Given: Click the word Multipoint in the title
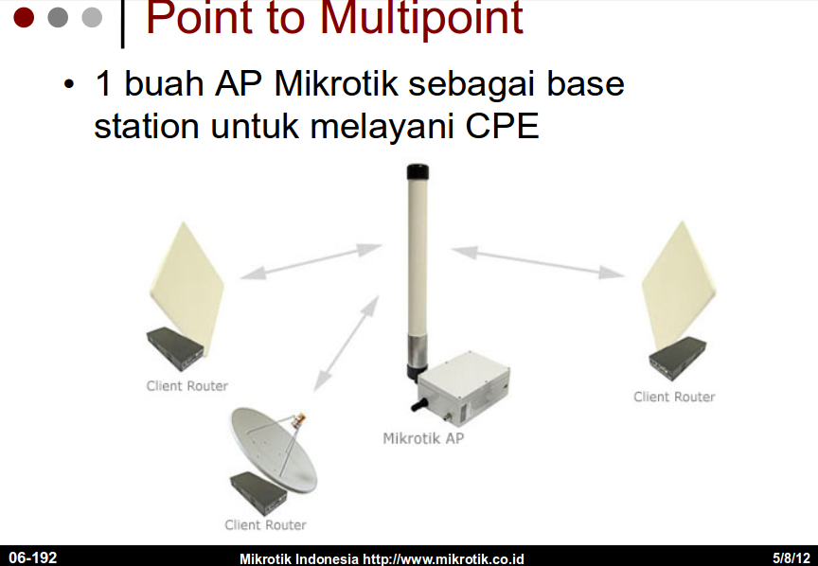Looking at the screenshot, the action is (422, 18).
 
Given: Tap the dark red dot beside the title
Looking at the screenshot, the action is (24, 17).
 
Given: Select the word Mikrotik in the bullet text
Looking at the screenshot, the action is (335, 83).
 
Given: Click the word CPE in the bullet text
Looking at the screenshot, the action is (502, 126).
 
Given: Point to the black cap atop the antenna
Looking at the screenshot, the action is (418, 171).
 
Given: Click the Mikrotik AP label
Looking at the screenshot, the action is (423, 438).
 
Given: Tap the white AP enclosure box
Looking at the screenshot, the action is (464, 386).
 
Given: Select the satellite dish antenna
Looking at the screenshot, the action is (274, 449).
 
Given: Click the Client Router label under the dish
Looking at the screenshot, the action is (265, 524).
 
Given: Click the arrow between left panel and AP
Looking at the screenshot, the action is (311, 261).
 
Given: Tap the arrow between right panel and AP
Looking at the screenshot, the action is (538, 262).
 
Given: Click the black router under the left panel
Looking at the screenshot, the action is (175, 348).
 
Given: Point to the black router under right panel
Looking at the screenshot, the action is (677, 359).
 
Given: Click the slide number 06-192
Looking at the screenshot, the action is (33, 557).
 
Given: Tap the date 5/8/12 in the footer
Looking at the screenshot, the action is (791, 557).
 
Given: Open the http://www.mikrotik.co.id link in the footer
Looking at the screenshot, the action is (443, 558).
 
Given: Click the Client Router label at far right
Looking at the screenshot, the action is (674, 397).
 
